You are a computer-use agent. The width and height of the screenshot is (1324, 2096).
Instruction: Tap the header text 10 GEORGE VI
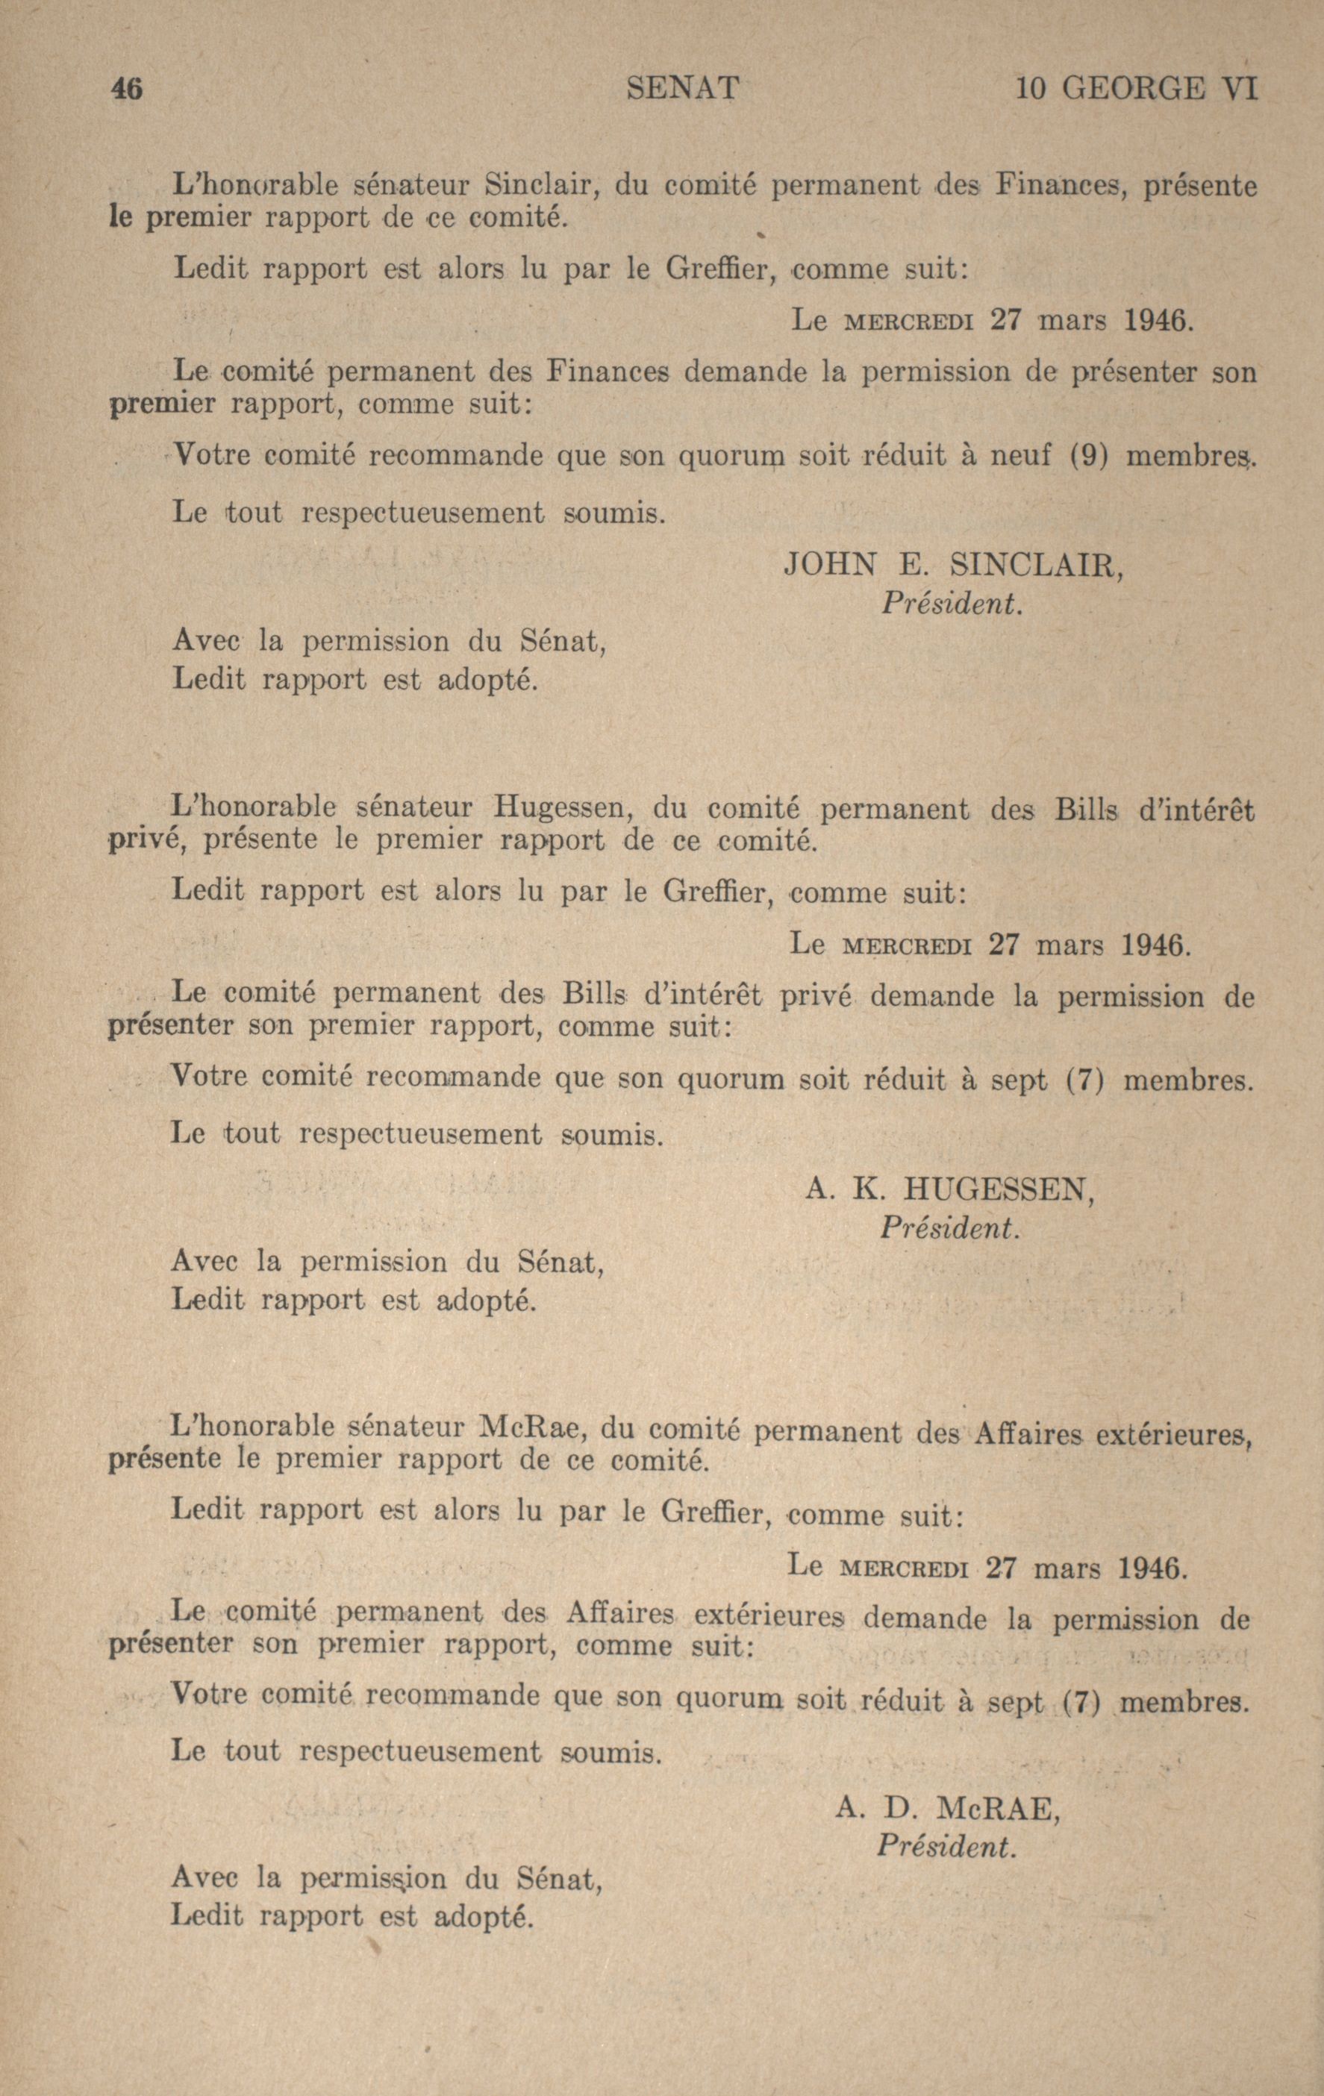[1137, 89]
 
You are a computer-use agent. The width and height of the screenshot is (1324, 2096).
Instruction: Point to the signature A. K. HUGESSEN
[949, 1189]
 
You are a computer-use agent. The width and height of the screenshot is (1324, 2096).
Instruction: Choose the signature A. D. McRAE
[948, 1809]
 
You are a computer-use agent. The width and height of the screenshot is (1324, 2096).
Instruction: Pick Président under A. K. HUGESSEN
[948, 1227]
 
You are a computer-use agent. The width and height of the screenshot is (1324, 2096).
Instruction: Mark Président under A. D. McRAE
[947, 1846]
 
